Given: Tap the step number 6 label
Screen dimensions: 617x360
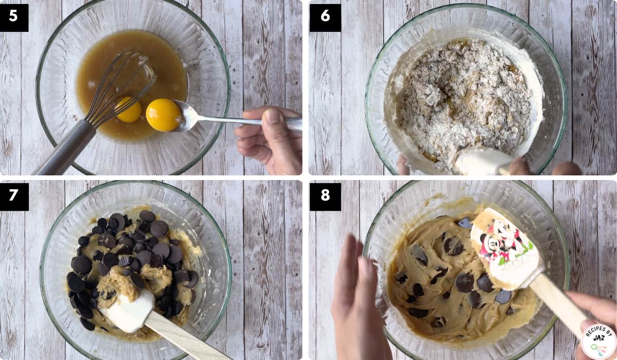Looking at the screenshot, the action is point(325,17).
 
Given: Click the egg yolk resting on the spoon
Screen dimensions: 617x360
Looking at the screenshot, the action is point(164,115).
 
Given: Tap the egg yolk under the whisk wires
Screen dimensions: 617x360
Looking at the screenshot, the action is point(129,110).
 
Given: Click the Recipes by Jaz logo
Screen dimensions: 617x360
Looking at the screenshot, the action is point(598,341).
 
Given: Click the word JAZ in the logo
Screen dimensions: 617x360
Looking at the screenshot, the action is point(598,338).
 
